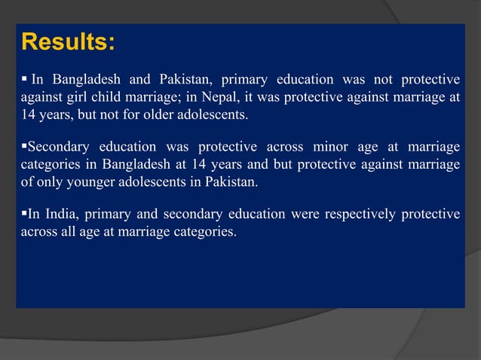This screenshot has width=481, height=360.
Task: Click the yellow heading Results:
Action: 68,41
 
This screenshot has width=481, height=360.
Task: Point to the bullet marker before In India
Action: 24,214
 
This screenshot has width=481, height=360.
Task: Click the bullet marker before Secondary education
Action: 24,146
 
